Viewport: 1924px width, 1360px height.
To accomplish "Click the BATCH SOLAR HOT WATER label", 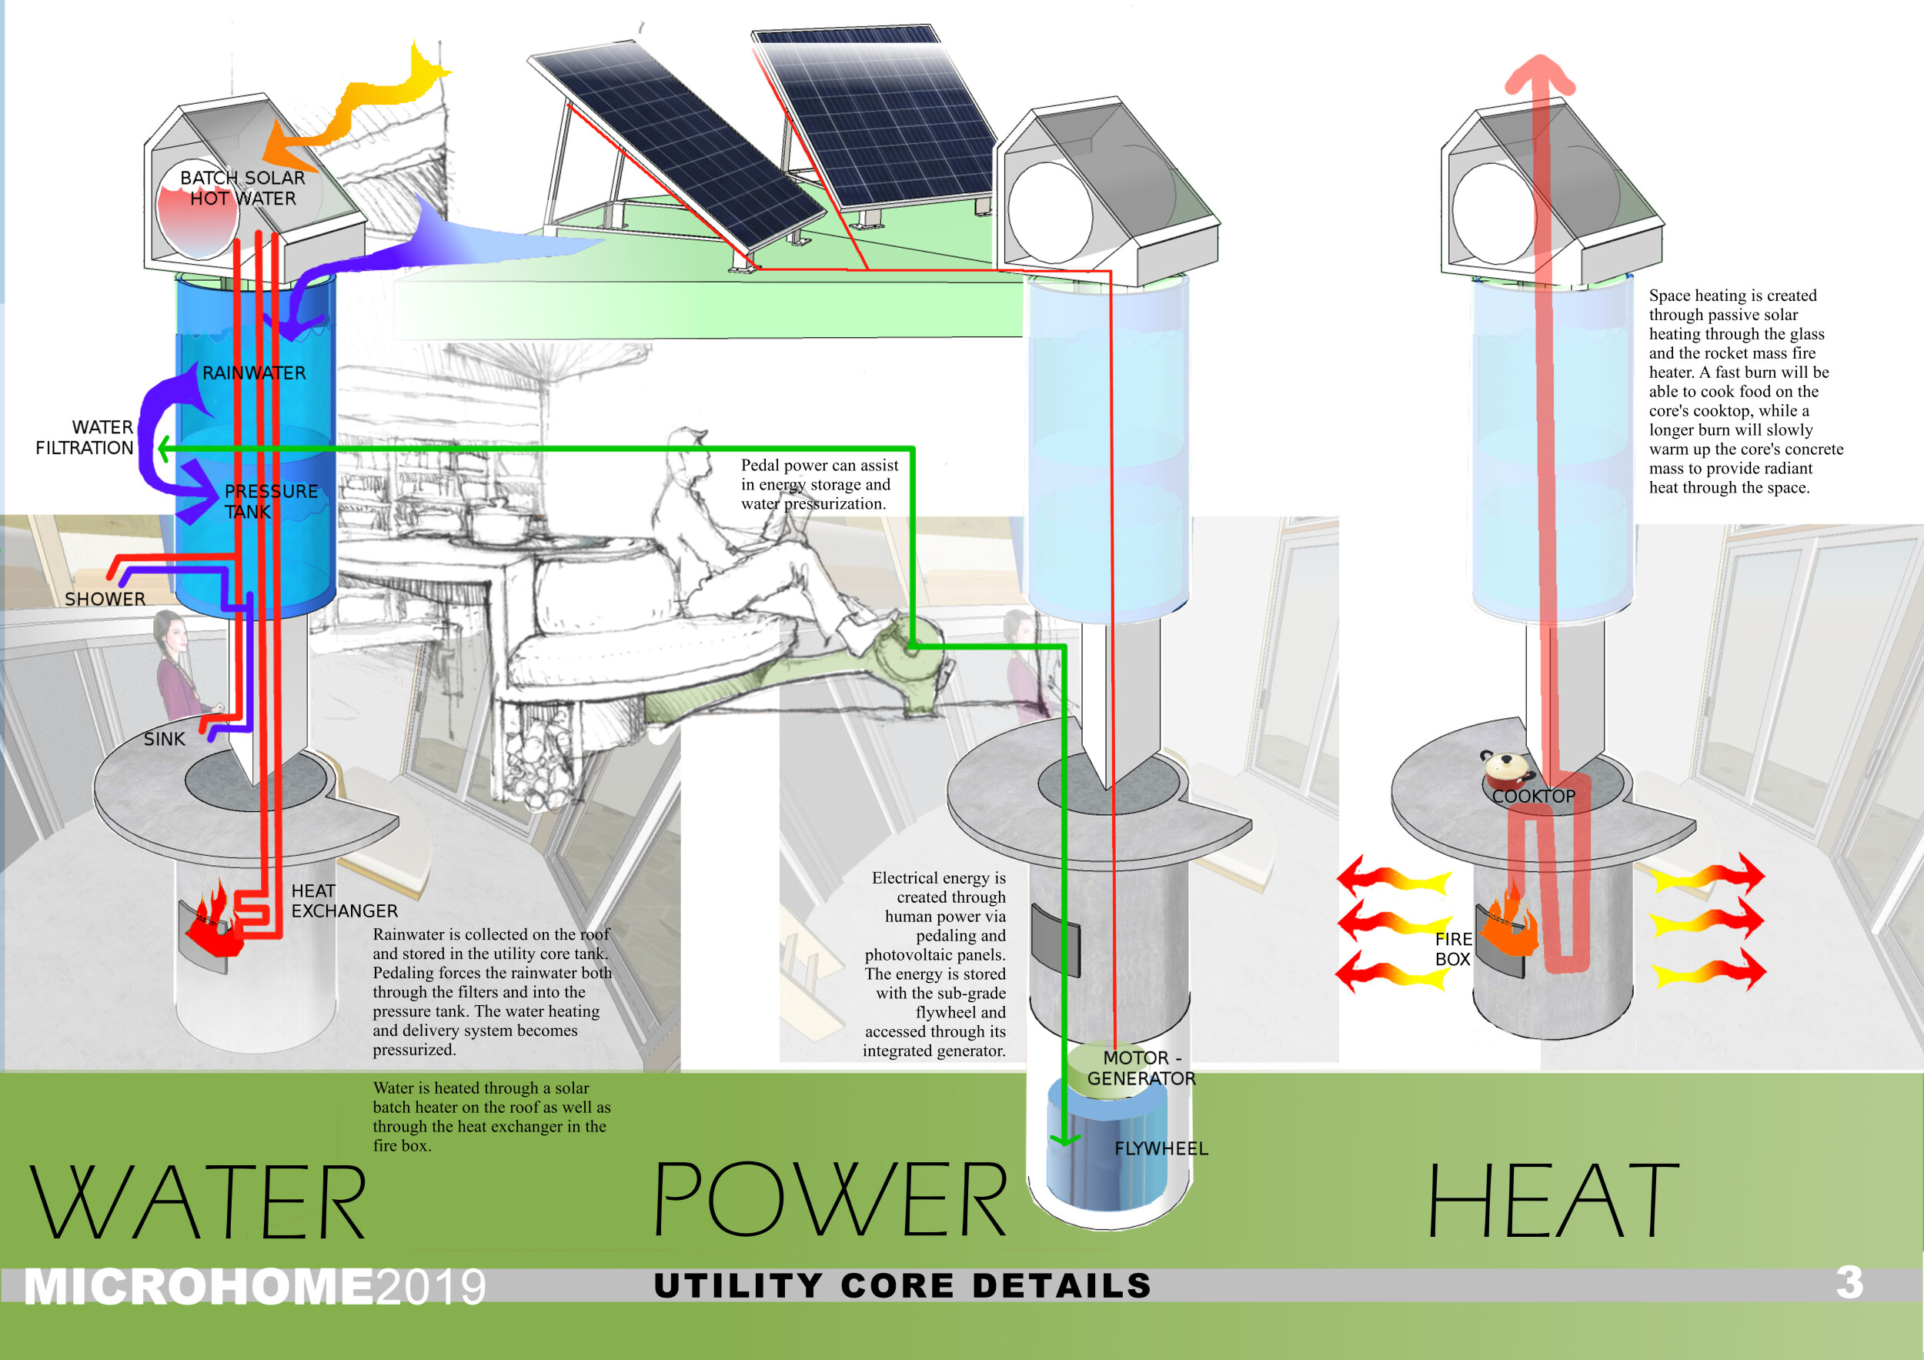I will (x=242, y=189).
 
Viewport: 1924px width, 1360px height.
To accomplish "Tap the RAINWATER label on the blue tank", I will (x=254, y=373).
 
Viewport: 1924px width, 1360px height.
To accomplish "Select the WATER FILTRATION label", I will (x=85, y=437).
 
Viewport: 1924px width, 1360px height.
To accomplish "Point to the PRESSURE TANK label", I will (x=270, y=501).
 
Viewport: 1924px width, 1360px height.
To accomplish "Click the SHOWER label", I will (x=105, y=599).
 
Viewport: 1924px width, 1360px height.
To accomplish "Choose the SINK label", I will (x=164, y=739).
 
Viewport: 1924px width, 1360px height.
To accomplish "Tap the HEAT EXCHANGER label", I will (x=343, y=901).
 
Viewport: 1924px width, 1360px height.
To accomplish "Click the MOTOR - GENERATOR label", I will (x=1141, y=1068).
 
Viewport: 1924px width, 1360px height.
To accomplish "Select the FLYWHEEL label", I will (x=1161, y=1149).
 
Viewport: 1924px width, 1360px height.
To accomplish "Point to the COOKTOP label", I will (x=1534, y=796).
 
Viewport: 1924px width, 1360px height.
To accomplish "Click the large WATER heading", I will (x=199, y=1202).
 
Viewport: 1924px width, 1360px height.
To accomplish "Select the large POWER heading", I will (x=830, y=1201).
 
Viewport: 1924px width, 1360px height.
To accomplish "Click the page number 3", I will (x=1849, y=1282).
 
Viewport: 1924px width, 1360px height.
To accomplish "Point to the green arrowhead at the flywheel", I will (x=1064, y=1138).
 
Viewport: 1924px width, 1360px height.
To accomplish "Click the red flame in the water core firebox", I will (x=214, y=926).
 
